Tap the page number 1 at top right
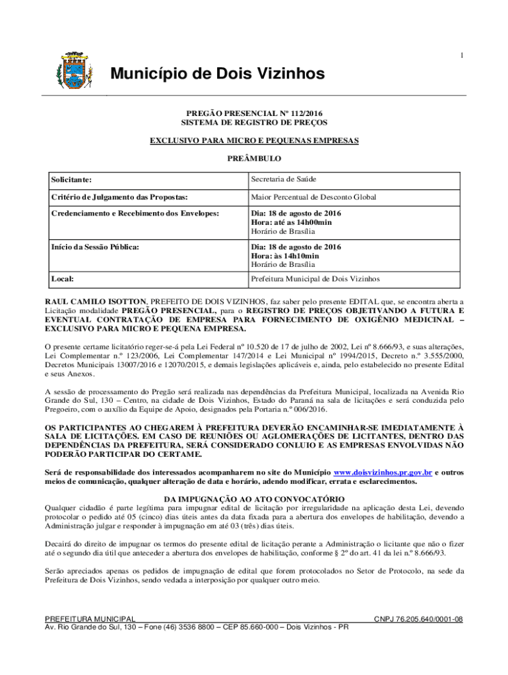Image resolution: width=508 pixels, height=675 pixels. [x=462, y=55]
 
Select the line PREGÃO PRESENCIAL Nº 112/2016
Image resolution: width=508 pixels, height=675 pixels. [x=254, y=113]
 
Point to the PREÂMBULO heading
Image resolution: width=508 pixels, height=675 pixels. [x=254, y=159]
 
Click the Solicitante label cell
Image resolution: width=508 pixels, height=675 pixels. [x=73, y=180]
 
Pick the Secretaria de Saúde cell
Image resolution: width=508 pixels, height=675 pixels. [x=283, y=179]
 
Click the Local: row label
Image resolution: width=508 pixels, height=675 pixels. [x=63, y=279]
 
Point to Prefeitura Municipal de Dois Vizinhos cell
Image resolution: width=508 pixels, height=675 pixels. [x=315, y=279]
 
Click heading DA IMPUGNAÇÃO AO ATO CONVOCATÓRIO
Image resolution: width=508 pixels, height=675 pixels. [x=254, y=498]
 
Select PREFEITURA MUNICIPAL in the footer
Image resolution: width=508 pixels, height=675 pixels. [x=90, y=619]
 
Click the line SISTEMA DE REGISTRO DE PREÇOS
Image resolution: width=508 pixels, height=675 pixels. [x=254, y=123]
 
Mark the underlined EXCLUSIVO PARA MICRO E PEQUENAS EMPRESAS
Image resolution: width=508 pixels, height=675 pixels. [x=254, y=141]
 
